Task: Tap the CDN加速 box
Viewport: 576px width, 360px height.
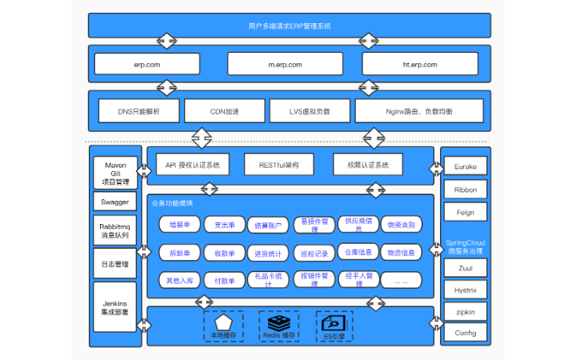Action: coord(223,111)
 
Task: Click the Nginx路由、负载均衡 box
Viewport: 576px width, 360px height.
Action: coord(419,111)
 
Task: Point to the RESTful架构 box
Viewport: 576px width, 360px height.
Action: coord(278,165)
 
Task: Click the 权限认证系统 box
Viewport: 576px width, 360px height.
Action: coord(368,165)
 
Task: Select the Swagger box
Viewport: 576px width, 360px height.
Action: coord(115,202)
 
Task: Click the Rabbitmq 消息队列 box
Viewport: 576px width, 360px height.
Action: coord(115,230)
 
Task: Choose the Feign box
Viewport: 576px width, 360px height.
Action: coord(465,213)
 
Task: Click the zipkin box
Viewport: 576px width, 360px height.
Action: coord(465,310)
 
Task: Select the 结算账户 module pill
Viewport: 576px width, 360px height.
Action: coord(269,226)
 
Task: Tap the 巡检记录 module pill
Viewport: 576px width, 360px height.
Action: coord(314,254)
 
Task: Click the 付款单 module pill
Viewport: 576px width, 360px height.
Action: coord(224,281)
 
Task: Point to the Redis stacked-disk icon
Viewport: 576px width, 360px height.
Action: coord(278,322)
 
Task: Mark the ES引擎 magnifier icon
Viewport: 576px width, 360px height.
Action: coord(333,322)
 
